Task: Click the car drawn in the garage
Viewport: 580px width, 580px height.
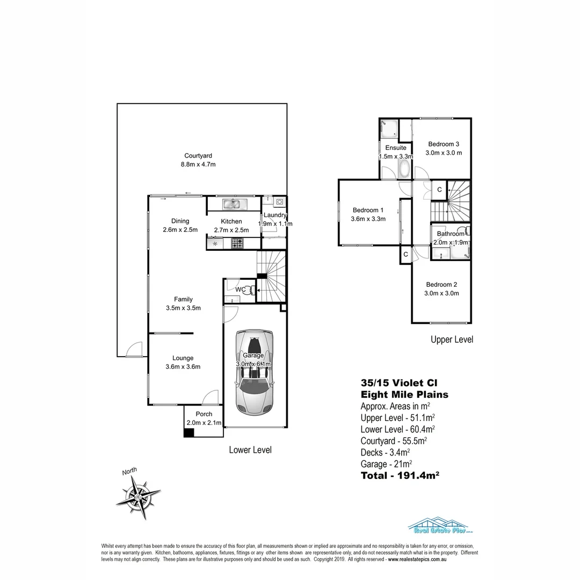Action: [255, 372]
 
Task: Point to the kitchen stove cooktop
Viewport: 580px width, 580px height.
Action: [238, 243]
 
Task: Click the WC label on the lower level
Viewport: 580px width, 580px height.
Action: [241, 289]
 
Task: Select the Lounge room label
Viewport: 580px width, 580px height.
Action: [183, 358]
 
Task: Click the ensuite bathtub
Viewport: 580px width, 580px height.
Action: [404, 170]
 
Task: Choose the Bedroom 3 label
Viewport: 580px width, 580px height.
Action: [443, 144]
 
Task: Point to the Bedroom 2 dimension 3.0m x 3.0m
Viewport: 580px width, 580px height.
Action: [442, 293]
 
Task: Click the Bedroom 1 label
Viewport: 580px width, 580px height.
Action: [368, 210]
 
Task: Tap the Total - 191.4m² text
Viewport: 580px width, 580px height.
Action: [400, 475]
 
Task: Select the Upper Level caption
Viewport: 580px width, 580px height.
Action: [452, 339]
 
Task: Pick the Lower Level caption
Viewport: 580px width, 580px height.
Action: [250, 450]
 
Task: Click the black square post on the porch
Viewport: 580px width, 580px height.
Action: [189, 432]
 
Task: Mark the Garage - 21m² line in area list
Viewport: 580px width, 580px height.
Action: [386, 463]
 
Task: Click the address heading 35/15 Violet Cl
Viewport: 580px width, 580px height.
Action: [398, 383]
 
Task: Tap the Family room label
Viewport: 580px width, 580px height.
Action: [183, 299]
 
